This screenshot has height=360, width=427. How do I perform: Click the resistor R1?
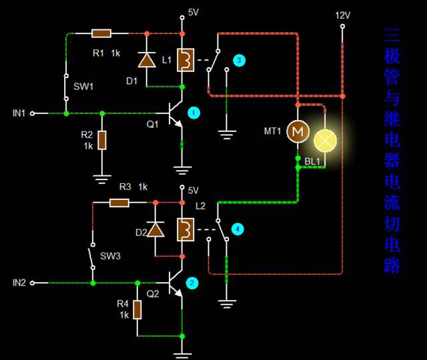[x=101, y=33]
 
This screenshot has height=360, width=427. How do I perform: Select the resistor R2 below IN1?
[x=102, y=140]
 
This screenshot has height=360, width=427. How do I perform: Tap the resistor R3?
[x=119, y=202]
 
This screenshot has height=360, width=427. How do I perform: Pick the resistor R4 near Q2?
[x=137, y=309]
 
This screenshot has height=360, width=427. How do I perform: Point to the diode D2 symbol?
[x=155, y=230]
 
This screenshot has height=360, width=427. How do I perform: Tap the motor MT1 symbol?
[x=297, y=132]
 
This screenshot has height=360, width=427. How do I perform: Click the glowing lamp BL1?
[x=326, y=139]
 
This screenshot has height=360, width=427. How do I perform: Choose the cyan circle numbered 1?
[x=193, y=113]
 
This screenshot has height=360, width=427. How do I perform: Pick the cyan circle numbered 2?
[x=192, y=283]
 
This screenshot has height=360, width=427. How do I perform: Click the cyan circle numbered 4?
[x=238, y=229]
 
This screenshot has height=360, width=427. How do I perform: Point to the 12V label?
[x=342, y=15]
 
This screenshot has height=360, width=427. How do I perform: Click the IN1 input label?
[x=19, y=113]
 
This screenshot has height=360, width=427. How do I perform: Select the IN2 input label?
[x=19, y=283]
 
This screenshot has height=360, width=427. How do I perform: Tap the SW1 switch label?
[x=83, y=87]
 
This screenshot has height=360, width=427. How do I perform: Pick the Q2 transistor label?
[x=153, y=293]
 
